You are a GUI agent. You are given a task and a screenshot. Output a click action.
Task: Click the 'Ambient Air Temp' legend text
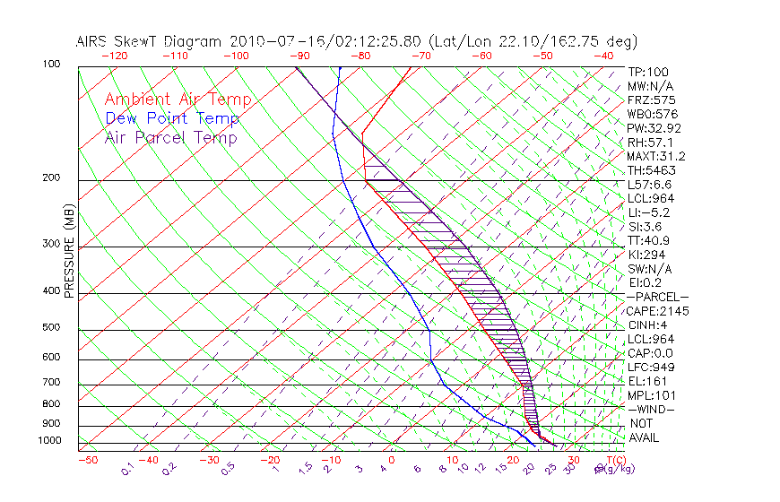(x=178, y=100)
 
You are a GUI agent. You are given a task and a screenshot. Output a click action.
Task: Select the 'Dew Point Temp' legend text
(x=172, y=118)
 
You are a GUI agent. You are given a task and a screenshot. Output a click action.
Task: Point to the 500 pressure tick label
(x=51, y=328)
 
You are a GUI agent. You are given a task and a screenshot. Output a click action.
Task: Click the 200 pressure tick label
(x=51, y=178)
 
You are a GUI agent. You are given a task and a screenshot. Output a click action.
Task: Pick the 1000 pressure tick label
(x=49, y=441)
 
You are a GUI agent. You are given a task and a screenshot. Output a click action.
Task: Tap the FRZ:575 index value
(x=651, y=100)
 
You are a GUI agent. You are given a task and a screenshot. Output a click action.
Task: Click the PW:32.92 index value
(x=654, y=128)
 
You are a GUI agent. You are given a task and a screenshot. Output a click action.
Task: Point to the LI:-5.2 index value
(x=648, y=212)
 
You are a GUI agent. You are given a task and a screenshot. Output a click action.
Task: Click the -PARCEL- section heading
(x=657, y=297)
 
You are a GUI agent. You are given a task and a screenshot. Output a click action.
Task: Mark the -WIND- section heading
(x=651, y=410)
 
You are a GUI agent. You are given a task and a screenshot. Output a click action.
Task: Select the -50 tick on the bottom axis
(x=87, y=460)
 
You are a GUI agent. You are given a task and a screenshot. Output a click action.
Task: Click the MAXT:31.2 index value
(x=654, y=156)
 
